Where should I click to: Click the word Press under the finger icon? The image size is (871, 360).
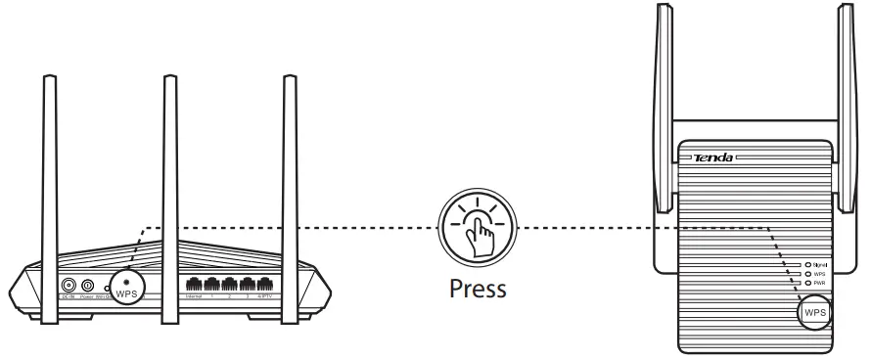point(478,290)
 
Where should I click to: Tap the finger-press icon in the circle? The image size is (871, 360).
point(478,229)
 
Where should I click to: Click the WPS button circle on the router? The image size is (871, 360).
point(127,285)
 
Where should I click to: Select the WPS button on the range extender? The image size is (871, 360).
point(814,312)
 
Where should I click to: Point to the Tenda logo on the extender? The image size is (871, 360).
point(712,157)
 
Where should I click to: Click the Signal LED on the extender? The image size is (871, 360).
point(808,264)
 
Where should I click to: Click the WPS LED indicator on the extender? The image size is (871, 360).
point(808,274)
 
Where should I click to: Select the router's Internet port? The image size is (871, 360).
point(193,285)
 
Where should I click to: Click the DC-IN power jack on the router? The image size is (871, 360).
point(69,286)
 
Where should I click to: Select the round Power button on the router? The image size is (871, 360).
point(88,286)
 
